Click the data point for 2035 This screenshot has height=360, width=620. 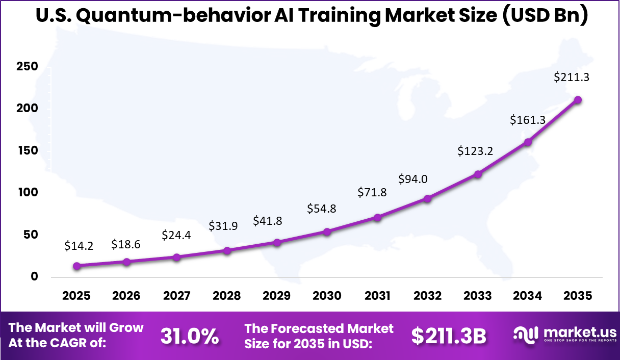coord(578,100)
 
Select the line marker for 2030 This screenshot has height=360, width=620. coord(327,232)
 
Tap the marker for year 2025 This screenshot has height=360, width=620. coord(77,266)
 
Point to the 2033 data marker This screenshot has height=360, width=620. coord(478,174)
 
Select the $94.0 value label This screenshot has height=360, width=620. coord(412,179)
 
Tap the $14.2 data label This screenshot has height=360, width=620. coord(79,246)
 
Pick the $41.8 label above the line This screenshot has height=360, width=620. coord(268,221)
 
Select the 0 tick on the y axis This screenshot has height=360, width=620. coord(20,277)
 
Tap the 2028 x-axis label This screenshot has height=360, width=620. coord(227,296)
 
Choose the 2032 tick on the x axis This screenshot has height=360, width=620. coord(427,296)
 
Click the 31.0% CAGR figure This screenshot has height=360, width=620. coord(190,336)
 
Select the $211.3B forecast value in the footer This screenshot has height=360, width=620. coord(449,336)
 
